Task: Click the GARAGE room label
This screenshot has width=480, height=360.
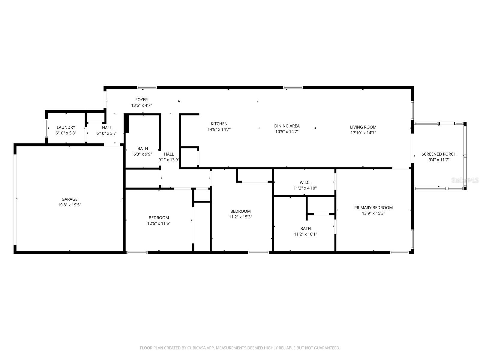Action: pyautogui.click(x=70, y=199)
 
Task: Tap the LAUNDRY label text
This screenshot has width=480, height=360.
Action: pyautogui.click(x=66, y=127)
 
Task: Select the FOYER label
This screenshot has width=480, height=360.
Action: pyautogui.click(x=141, y=100)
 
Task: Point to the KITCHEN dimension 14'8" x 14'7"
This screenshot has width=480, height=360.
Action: pyautogui.click(x=219, y=130)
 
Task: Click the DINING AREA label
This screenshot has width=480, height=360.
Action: pyautogui.click(x=287, y=126)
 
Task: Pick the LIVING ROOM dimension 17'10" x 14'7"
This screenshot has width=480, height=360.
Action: pyautogui.click(x=363, y=133)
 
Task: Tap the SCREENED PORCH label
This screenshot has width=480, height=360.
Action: pyautogui.click(x=439, y=154)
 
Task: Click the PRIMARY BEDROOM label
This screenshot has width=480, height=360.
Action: pyautogui.click(x=373, y=208)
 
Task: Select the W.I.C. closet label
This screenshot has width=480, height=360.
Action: pyautogui.click(x=305, y=182)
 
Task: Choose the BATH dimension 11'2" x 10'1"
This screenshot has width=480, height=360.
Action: pyautogui.click(x=305, y=234)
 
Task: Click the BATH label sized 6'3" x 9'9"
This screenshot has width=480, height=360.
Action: pyautogui.click(x=143, y=148)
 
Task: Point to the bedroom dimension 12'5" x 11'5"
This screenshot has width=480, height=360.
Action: pyautogui.click(x=159, y=223)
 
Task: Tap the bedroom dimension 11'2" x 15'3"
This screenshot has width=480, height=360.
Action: pyautogui.click(x=240, y=217)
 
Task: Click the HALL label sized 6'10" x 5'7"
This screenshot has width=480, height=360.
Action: pyautogui.click(x=107, y=128)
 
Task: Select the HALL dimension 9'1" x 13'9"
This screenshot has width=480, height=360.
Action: pyautogui.click(x=169, y=160)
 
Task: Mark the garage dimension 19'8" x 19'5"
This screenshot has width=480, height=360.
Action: pyautogui.click(x=70, y=205)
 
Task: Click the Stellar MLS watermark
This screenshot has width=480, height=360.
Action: pyautogui.click(x=465, y=180)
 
